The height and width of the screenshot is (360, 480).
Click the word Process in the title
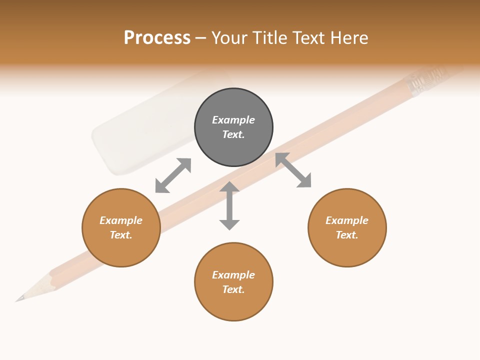(x=157, y=38)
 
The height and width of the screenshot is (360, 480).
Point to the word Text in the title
(x=308, y=38)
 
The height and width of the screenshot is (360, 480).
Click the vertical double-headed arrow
(x=229, y=205)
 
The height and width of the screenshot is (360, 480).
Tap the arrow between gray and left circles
(x=173, y=175)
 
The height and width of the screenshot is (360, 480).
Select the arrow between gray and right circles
(x=293, y=170)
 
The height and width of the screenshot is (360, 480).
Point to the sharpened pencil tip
(x=21, y=298)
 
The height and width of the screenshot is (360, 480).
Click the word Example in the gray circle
(x=233, y=120)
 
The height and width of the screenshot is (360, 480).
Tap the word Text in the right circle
(x=347, y=235)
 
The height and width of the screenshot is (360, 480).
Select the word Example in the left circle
(x=121, y=220)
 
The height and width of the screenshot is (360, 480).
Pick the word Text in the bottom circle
(x=233, y=289)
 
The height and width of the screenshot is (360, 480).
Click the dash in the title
(x=201, y=38)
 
